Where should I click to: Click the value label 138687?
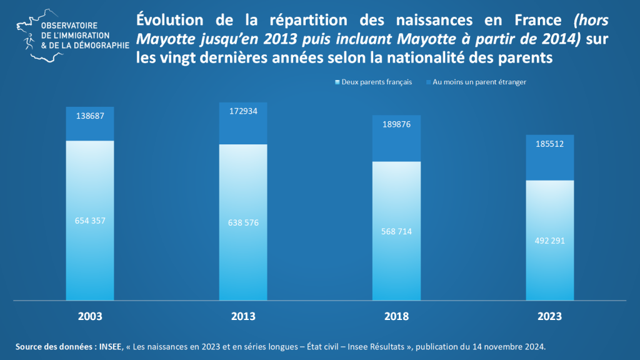pyautogui.click(x=90, y=116)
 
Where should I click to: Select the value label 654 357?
pyautogui.click(x=90, y=221)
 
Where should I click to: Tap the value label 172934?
pyautogui.click(x=243, y=111)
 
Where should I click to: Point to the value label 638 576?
pyautogui.click(x=243, y=222)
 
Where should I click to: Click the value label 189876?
pyautogui.click(x=396, y=124)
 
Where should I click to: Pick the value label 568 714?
pyautogui.click(x=396, y=231)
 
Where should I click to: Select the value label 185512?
pyautogui.click(x=549, y=144)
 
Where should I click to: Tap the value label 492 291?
pyautogui.click(x=549, y=241)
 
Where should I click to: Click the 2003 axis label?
pyautogui.click(x=90, y=316)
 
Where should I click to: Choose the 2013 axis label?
pyautogui.click(x=243, y=316)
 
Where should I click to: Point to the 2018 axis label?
pyautogui.click(x=396, y=316)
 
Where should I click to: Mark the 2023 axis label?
pyautogui.click(x=549, y=316)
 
